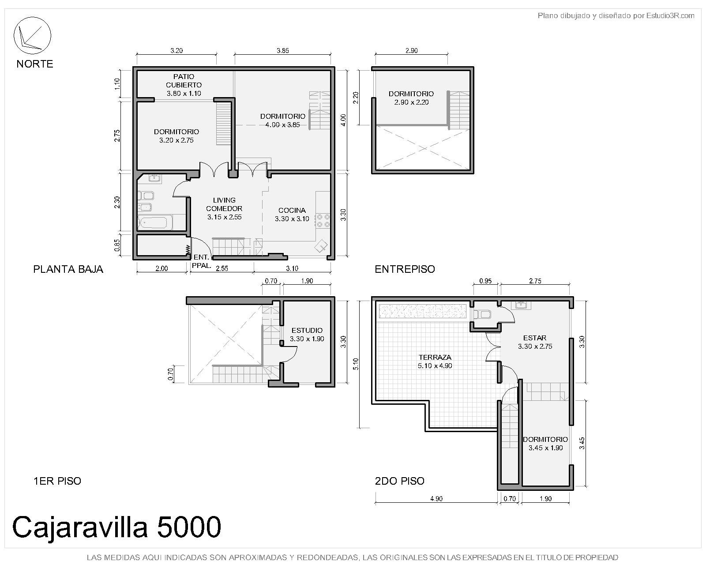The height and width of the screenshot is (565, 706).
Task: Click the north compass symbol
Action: point(32,35)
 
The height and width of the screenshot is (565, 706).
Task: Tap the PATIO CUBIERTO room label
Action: point(184,81)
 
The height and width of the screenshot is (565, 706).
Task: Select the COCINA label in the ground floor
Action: point(292,210)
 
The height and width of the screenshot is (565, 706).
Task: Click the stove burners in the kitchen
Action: point(323,221)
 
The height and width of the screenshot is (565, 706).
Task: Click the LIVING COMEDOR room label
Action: point(224,204)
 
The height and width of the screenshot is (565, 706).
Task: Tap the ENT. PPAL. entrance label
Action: point(202,261)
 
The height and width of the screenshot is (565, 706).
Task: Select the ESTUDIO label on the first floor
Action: point(307,330)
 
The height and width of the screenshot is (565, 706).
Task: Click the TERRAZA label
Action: point(435,357)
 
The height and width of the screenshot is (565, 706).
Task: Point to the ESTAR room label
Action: point(535,338)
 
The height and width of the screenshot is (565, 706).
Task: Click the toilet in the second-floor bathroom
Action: point(482,315)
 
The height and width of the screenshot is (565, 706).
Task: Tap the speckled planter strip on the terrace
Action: point(423,311)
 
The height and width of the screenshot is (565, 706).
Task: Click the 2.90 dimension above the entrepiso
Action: point(411,51)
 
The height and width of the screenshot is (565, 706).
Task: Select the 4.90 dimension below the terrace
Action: point(436,499)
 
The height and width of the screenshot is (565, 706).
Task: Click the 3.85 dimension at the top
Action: point(283,51)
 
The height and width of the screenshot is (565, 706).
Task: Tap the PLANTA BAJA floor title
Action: point(68,269)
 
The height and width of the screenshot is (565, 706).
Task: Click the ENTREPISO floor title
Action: point(405,269)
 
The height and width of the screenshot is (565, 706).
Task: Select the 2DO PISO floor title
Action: point(400,481)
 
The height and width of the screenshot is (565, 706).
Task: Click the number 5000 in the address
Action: point(189,527)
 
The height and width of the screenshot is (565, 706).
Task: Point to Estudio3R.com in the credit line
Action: point(670,15)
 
